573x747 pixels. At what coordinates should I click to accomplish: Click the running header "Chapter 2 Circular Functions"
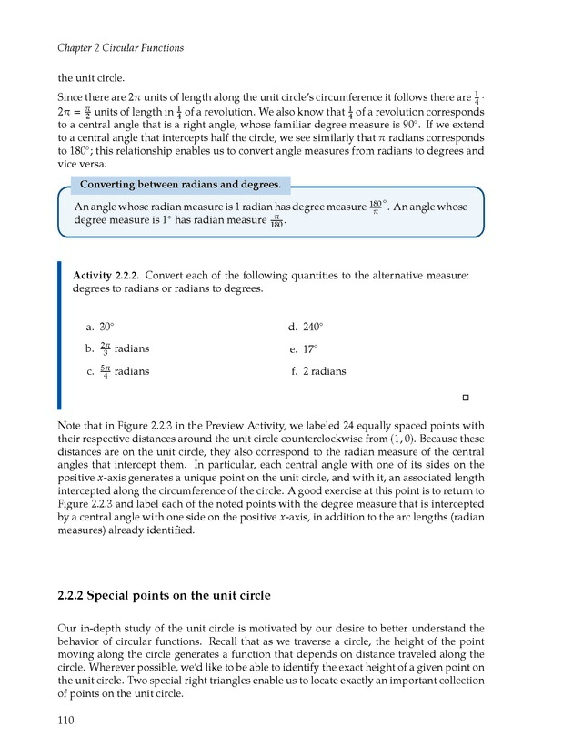tap(121, 47)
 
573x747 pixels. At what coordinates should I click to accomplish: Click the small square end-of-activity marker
tap(465, 399)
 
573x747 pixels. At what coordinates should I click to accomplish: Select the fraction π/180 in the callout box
tap(276, 221)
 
